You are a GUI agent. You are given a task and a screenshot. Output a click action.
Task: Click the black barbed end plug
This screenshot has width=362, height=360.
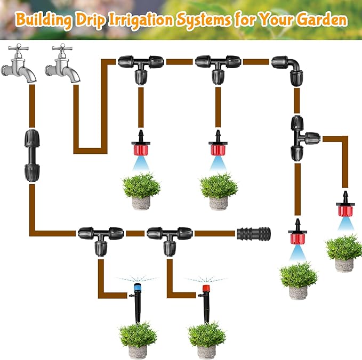click(x=253, y=233)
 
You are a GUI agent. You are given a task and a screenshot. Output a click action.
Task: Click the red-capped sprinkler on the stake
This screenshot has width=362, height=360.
click(x=205, y=298)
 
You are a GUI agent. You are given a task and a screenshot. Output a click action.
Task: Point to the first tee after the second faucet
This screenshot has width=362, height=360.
click(x=141, y=67)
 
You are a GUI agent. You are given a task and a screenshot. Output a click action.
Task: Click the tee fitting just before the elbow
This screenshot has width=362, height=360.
click(x=218, y=67)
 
